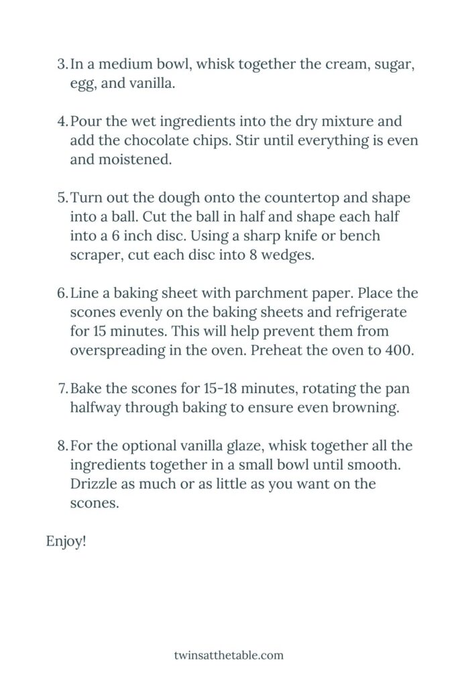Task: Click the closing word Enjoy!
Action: [66, 541]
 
